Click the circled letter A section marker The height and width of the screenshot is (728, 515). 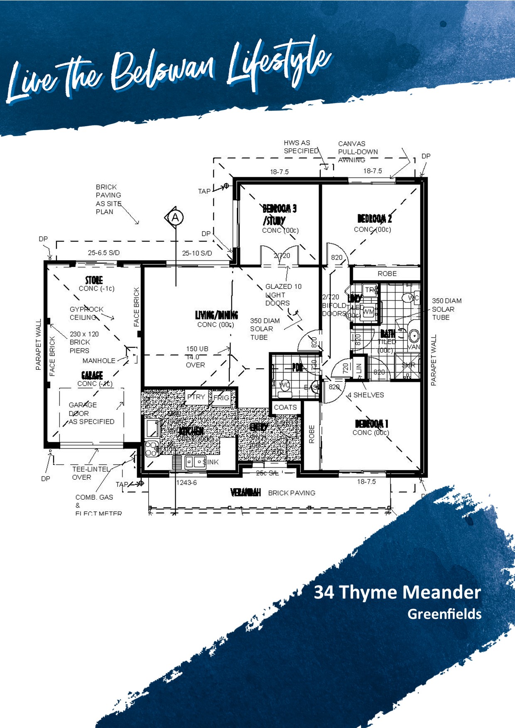tap(175, 217)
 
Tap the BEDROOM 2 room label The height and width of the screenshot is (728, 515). tap(374, 219)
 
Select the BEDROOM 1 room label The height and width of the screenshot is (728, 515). tap(371, 424)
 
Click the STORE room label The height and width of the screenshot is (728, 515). tap(94, 280)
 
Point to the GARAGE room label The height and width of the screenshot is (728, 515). tap(92, 376)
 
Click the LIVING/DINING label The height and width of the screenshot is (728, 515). tap(216, 315)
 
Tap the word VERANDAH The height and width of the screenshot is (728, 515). tap(245, 493)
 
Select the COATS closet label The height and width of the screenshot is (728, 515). tap(285, 408)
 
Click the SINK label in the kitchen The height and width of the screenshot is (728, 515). tap(211, 462)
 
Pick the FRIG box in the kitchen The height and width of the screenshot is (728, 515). tap(221, 398)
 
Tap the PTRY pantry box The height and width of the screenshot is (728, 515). tap(196, 397)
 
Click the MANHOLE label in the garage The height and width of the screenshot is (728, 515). tap(99, 361)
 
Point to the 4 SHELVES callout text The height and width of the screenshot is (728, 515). tap(365, 395)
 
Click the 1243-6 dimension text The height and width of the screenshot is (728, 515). tap(186, 483)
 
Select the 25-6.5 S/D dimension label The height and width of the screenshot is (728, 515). tap(103, 253)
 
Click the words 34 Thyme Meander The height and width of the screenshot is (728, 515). tap(397, 592)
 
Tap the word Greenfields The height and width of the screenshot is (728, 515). tap(444, 614)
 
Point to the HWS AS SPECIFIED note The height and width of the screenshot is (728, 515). tap(301, 147)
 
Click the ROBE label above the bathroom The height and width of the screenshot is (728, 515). tap(387, 274)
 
